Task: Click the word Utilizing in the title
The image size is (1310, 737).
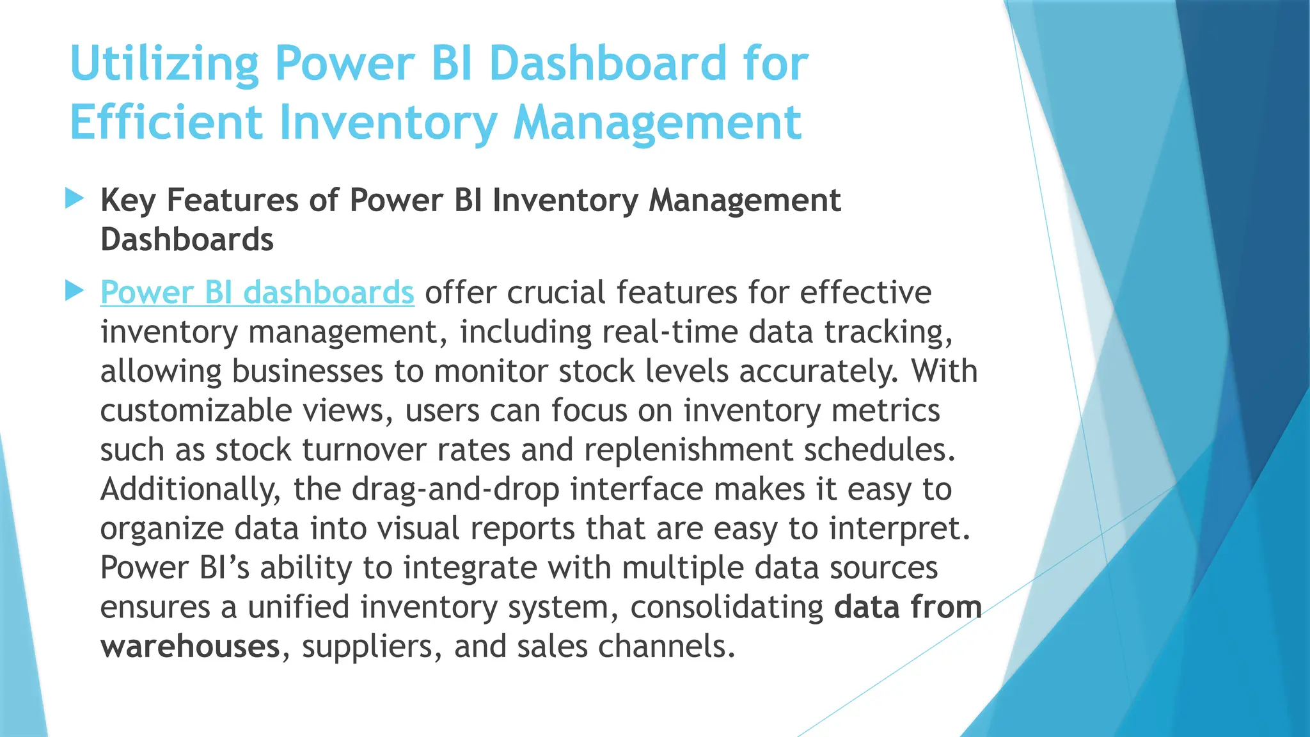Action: click(x=164, y=64)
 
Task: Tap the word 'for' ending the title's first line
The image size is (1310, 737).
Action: click(x=775, y=64)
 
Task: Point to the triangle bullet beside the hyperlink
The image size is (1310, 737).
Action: click(x=75, y=291)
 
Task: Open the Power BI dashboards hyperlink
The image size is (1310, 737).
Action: click(x=257, y=292)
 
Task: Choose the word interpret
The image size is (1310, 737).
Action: click(x=899, y=529)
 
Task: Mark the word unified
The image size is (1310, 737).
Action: click(x=298, y=607)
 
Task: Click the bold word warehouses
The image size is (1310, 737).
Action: click(x=190, y=647)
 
